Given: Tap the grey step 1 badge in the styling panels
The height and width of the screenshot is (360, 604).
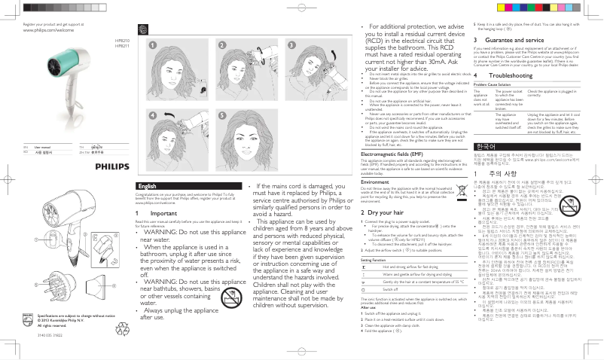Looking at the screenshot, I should click(x=151, y=45).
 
